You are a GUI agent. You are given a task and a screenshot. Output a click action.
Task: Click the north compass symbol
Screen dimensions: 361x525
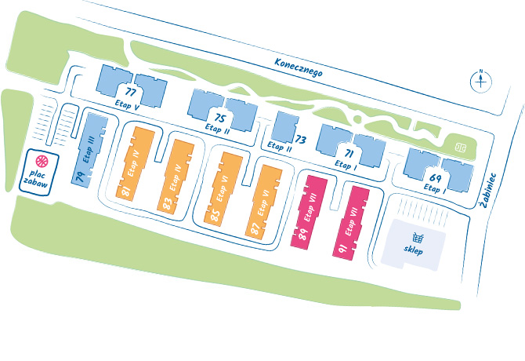coord(480,80)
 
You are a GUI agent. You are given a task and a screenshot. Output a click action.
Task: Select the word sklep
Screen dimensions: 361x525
coord(413,252)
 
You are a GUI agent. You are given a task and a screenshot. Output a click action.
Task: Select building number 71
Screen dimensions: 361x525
coord(349,153)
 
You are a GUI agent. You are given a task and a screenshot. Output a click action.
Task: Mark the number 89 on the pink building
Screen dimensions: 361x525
coord(302,232)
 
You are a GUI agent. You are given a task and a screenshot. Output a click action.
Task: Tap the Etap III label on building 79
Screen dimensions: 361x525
coord(89,150)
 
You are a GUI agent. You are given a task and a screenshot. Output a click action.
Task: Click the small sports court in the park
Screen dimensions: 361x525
coord(460,145)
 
